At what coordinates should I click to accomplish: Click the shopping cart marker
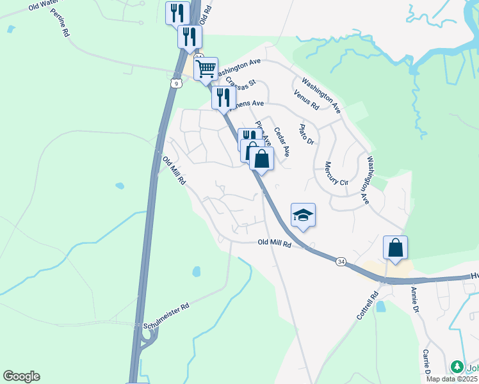click(x=206, y=68)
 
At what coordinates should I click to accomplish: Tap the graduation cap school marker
click(x=303, y=215)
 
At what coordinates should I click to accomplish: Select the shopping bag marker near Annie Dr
click(x=395, y=248)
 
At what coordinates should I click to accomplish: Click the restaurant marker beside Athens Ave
click(x=223, y=98)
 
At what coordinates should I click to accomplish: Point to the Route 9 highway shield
click(x=175, y=83)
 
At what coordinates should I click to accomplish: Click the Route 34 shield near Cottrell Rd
click(x=341, y=261)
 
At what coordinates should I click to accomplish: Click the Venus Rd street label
click(x=305, y=100)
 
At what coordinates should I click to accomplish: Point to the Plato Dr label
click(x=306, y=134)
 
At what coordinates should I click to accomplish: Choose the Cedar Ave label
click(x=282, y=142)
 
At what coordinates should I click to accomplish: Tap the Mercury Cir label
click(x=336, y=173)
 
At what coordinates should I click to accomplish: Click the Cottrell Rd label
click(x=367, y=307)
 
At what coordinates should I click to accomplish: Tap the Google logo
click(x=21, y=376)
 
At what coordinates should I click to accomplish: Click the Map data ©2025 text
click(x=452, y=379)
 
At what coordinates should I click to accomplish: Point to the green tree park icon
click(x=457, y=367)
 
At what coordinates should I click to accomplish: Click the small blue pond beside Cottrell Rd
click(x=381, y=306)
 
